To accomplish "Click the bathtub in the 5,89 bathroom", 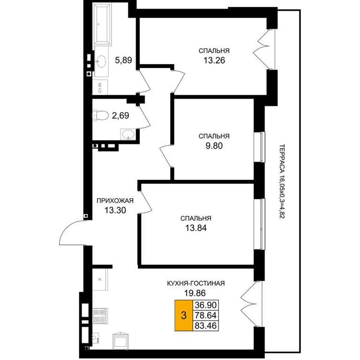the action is [102, 24].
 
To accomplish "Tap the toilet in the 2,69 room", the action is [100, 115].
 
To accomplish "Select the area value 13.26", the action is [214, 60].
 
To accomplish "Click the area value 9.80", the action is [214, 146].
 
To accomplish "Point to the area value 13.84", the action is [196, 228].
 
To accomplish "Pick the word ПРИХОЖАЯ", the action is [115, 201].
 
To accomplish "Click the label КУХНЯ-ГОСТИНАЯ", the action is [196, 283].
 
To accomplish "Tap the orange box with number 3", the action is [184, 315].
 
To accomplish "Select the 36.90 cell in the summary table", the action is [206, 305].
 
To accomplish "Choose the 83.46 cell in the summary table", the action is [206, 326].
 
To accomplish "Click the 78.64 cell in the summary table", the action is [206, 315].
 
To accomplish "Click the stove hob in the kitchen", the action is [100, 315].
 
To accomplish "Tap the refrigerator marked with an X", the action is [100, 279].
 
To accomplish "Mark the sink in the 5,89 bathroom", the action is [101, 61].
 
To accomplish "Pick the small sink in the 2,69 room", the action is [128, 134].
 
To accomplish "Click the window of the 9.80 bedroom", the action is [260, 147].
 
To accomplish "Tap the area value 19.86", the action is [195, 293].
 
